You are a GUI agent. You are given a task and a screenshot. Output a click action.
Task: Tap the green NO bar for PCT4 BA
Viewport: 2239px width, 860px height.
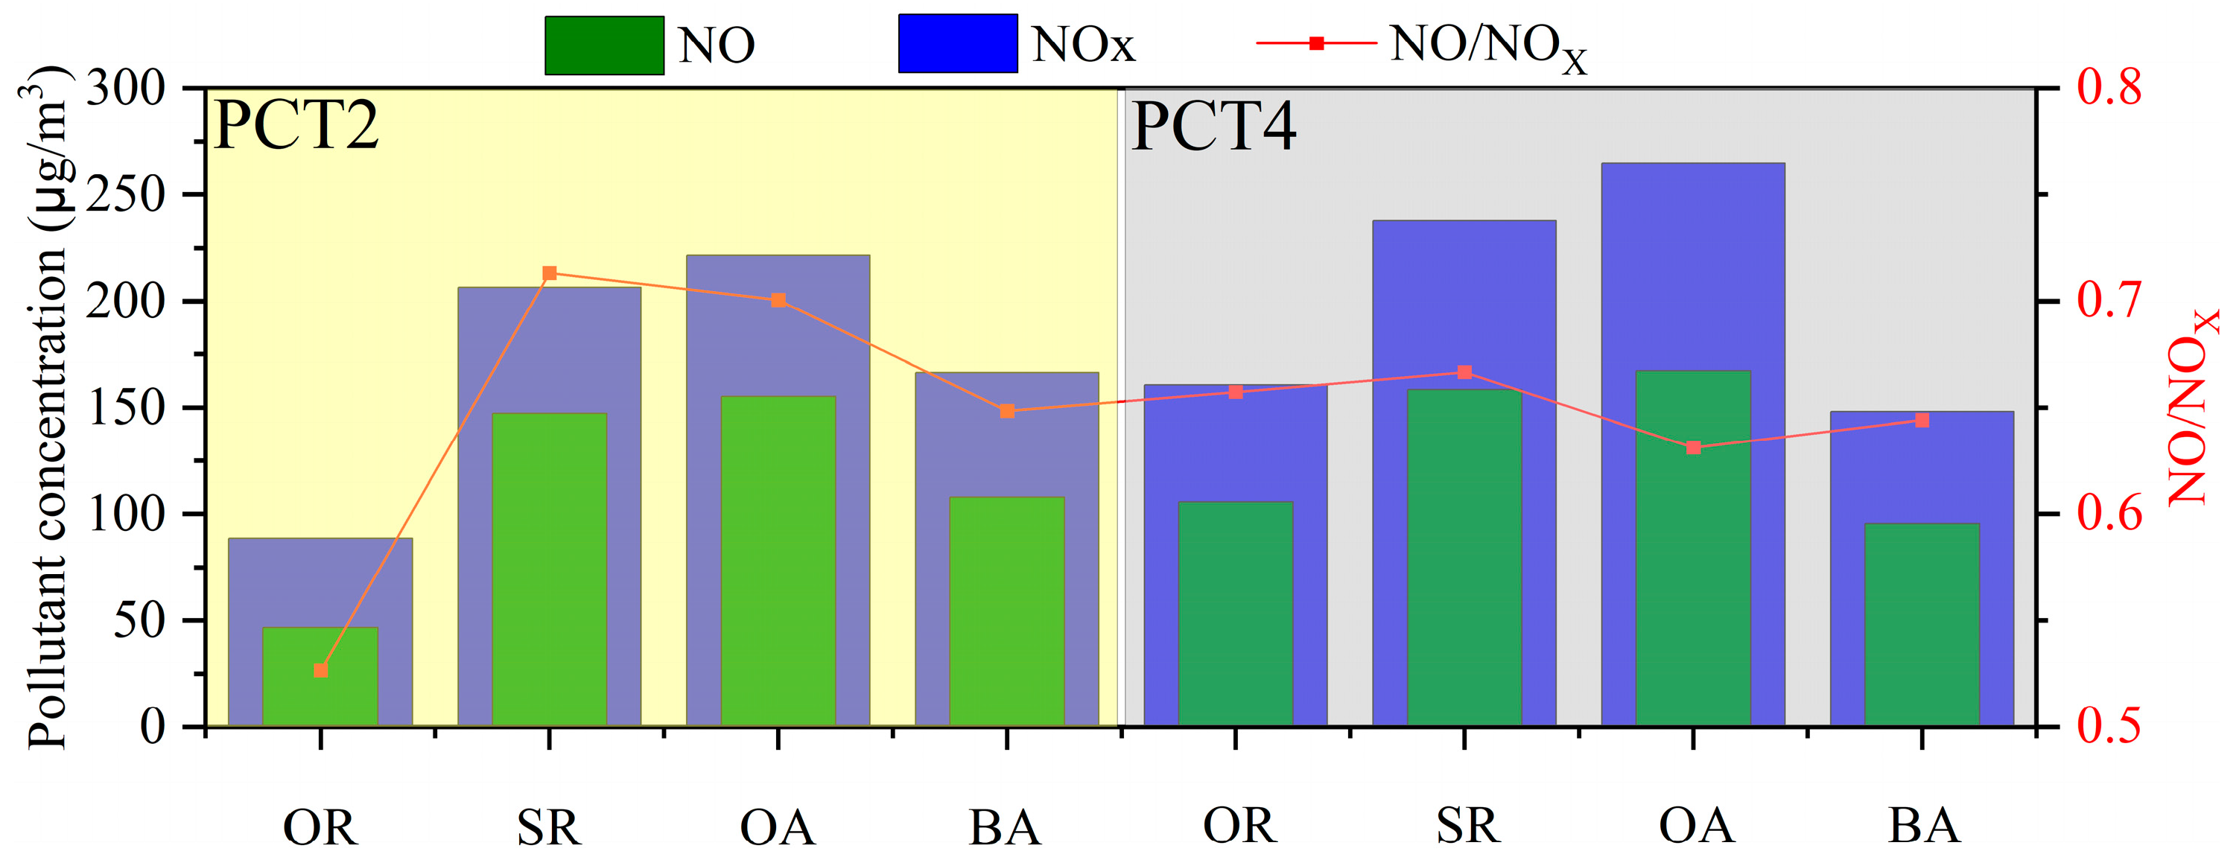(x=1921, y=625)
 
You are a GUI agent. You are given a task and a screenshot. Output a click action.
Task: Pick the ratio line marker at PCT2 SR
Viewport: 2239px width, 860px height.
(x=549, y=274)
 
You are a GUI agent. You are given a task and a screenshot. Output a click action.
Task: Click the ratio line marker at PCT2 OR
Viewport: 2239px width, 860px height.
(x=321, y=671)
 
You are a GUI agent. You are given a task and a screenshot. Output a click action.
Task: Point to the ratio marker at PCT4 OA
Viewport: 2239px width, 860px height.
(x=1693, y=448)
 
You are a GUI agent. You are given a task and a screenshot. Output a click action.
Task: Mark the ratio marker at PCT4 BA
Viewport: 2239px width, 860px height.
(x=1922, y=421)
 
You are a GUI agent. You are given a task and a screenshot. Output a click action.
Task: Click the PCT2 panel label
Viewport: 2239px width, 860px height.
(x=296, y=127)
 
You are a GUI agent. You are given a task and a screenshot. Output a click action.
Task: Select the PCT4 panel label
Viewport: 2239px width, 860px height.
(x=1213, y=127)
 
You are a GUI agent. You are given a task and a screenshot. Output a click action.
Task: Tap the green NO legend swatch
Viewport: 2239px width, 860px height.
(x=604, y=45)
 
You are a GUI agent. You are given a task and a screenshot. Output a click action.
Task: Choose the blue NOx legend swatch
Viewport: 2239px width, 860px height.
(x=957, y=43)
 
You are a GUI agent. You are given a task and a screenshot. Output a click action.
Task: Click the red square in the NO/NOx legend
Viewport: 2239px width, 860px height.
(x=1317, y=42)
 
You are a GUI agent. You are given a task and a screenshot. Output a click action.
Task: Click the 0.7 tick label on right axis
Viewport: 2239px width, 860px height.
(x=2109, y=301)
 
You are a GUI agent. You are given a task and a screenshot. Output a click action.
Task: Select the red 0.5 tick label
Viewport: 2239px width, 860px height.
(x=2109, y=726)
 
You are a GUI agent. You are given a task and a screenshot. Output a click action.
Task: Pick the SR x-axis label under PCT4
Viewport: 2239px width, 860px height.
(x=1467, y=826)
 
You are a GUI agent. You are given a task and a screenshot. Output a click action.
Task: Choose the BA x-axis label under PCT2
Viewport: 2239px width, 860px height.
(x=1005, y=828)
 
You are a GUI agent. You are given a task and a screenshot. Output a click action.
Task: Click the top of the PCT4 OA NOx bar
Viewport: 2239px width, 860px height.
(x=1692, y=164)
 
